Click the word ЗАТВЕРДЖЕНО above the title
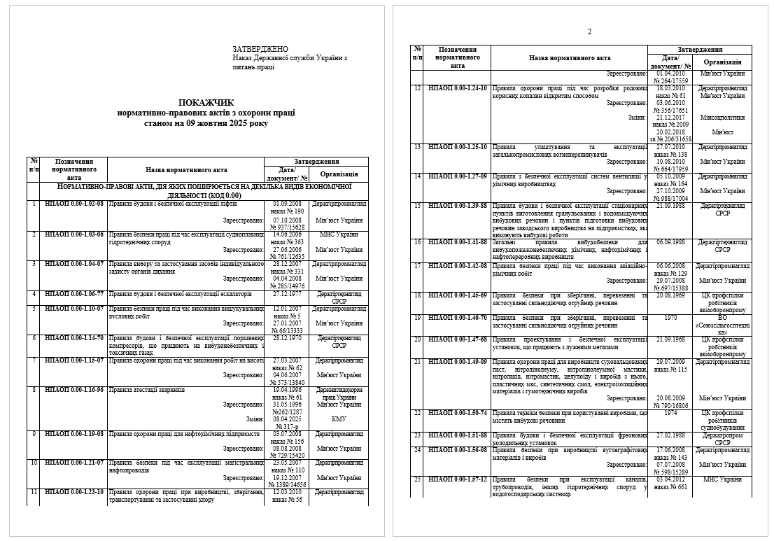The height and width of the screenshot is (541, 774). point(260,49)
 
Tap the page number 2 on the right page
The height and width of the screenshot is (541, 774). point(589,31)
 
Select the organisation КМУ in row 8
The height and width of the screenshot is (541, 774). point(339,419)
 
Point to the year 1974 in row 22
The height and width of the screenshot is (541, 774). point(670,413)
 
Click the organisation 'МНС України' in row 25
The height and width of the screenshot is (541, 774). point(723,479)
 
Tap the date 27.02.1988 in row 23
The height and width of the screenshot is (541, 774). point(670,435)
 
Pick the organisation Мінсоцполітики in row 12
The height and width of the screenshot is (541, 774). point(723,118)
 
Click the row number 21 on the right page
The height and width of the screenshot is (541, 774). point(417,362)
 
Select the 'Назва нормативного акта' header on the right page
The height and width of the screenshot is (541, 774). point(570,59)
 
